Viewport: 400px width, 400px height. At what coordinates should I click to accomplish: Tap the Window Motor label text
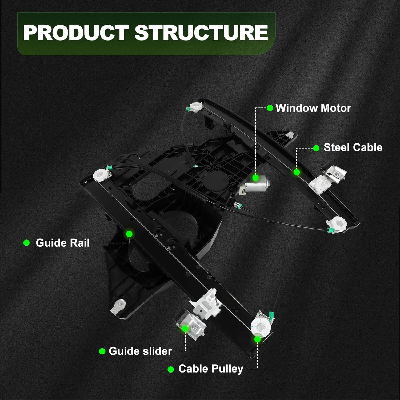point(313,108)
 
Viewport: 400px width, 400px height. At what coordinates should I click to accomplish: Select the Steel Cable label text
point(353,147)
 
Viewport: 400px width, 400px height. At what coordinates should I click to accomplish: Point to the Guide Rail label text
point(63,243)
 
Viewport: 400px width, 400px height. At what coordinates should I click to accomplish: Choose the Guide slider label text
point(140,351)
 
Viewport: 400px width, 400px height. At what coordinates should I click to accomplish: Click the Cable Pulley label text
point(211,369)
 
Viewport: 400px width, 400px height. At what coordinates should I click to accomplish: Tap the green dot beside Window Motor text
point(270,108)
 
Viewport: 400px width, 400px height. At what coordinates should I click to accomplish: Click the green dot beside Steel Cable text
point(316,148)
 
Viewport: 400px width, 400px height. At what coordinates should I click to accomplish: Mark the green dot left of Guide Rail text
point(26,243)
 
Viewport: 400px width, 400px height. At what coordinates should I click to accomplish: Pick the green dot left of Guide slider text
point(102,351)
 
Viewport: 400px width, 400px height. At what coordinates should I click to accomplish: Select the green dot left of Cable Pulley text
point(171,369)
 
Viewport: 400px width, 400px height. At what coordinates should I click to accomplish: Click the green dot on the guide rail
point(129,234)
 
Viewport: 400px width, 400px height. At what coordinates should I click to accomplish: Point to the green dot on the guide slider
point(185,328)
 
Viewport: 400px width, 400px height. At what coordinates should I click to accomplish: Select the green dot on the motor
point(255,178)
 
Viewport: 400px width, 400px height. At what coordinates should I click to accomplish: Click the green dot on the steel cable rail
point(297,172)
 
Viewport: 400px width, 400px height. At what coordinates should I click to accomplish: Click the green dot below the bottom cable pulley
point(257,339)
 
